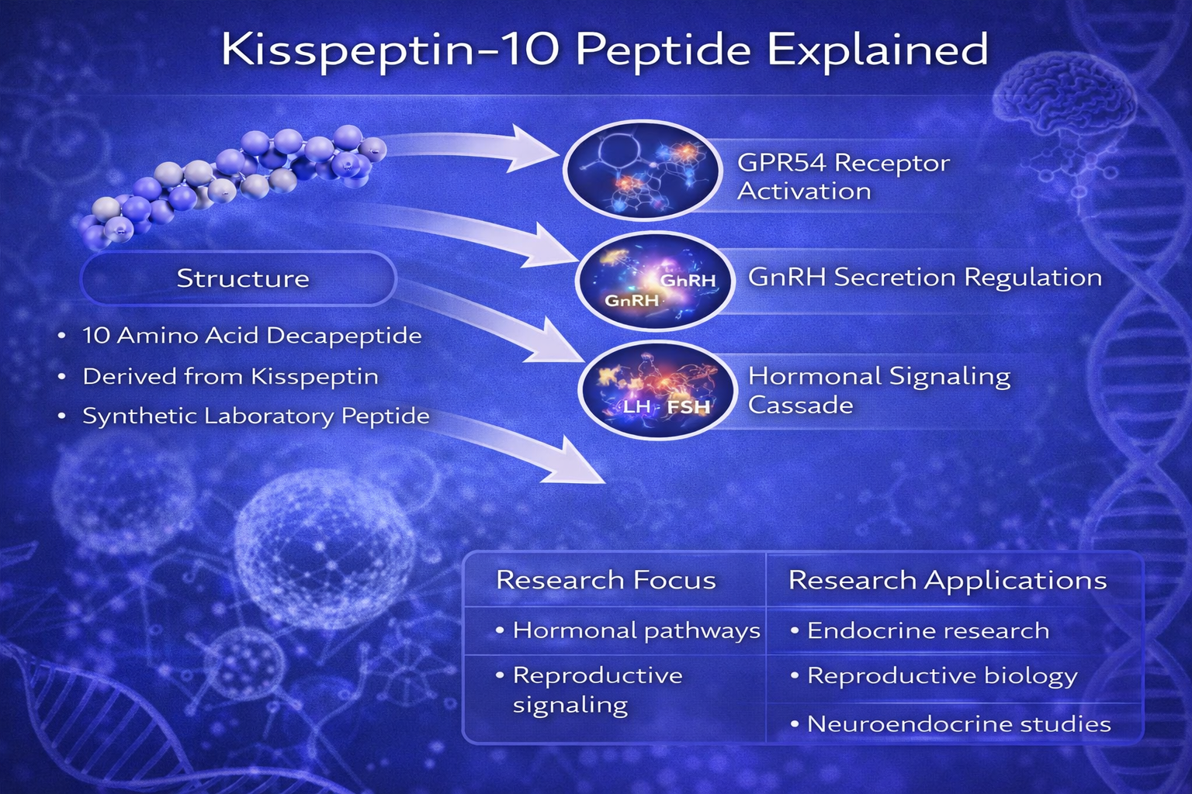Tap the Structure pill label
[243, 278]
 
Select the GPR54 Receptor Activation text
[843, 177]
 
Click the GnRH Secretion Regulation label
[925, 278]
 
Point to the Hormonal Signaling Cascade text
[879, 390]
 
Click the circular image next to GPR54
[643, 170]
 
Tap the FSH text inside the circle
[688, 407]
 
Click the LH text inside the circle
[636, 407]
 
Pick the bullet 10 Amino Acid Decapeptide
[240, 336]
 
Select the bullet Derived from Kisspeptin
[219, 377]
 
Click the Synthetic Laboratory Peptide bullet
[244, 416]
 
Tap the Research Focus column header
[605, 580]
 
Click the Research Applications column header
[948, 580]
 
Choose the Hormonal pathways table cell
[628, 631]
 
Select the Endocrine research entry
[920, 630]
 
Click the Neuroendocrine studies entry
[951, 723]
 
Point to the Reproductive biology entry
[934, 676]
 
